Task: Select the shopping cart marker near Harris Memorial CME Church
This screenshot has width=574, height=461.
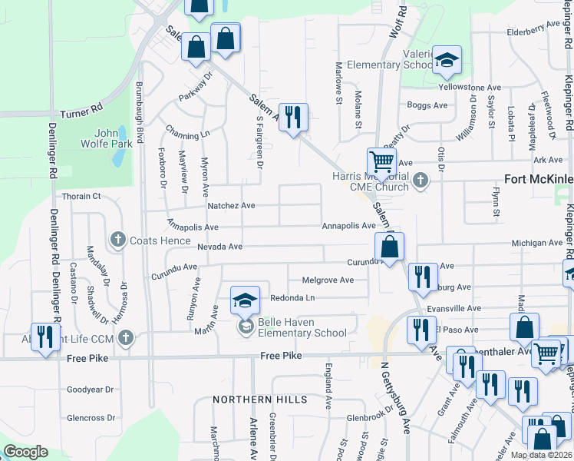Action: click(381, 162)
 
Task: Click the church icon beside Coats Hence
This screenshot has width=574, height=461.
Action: click(118, 240)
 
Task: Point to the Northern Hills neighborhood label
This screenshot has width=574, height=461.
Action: click(259, 400)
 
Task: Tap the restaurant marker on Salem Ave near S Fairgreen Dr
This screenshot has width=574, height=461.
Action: click(292, 118)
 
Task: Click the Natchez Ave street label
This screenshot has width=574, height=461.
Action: click(231, 206)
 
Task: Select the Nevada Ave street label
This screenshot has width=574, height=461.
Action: click(219, 247)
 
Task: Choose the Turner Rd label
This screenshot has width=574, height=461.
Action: click(81, 109)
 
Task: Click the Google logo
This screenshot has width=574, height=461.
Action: click(26, 452)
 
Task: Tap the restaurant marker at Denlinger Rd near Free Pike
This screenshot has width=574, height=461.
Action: click(45, 337)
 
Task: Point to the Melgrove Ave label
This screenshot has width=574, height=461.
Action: click(328, 280)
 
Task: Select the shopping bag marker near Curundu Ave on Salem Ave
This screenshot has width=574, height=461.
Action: click(390, 247)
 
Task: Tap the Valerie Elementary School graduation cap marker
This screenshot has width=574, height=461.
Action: click(446, 61)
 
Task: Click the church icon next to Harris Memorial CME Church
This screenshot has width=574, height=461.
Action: click(419, 181)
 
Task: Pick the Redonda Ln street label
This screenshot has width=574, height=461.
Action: click(292, 297)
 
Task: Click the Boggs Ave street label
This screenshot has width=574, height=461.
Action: click(427, 105)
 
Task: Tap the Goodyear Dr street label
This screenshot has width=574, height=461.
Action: click(91, 390)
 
